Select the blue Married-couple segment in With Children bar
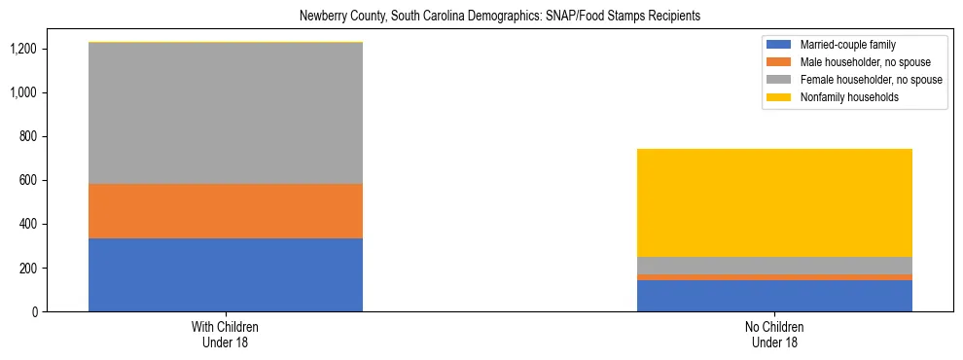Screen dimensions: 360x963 (226, 274)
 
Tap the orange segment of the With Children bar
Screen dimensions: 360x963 (226, 211)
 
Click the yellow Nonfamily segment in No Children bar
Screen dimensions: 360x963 (774, 202)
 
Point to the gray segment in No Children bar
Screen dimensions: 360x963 (774, 266)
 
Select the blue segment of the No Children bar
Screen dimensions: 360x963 (774, 296)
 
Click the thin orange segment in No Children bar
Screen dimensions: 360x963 (774, 277)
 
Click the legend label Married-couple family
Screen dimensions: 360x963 (846, 45)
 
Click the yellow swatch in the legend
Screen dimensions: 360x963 (779, 97)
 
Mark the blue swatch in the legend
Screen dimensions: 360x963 (779, 45)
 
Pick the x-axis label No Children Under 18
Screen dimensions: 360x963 (774, 334)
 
